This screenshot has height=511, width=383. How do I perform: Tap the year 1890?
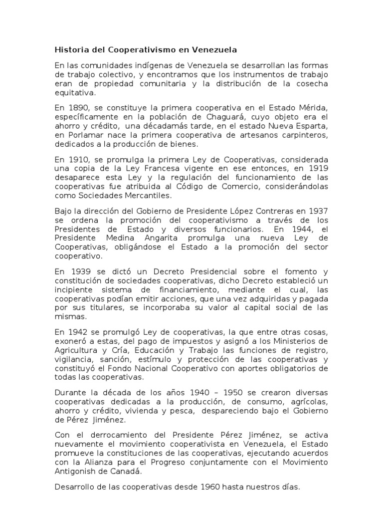pyautogui.click(x=75, y=107)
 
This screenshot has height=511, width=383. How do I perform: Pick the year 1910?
pyautogui.click(x=75, y=159)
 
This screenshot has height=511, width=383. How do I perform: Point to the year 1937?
pyautogui.click(x=317, y=211)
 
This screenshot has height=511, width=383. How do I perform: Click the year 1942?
pyautogui.click(x=75, y=332)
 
